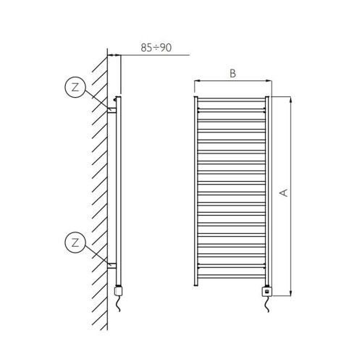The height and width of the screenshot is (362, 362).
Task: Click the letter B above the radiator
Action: point(232,73)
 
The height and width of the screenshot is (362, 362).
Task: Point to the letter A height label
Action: point(285,193)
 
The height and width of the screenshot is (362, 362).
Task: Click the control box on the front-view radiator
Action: point(267,291)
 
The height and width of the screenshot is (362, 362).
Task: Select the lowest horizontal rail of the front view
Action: point(232,274)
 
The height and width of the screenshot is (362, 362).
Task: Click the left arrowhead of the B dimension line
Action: point(197,80)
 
